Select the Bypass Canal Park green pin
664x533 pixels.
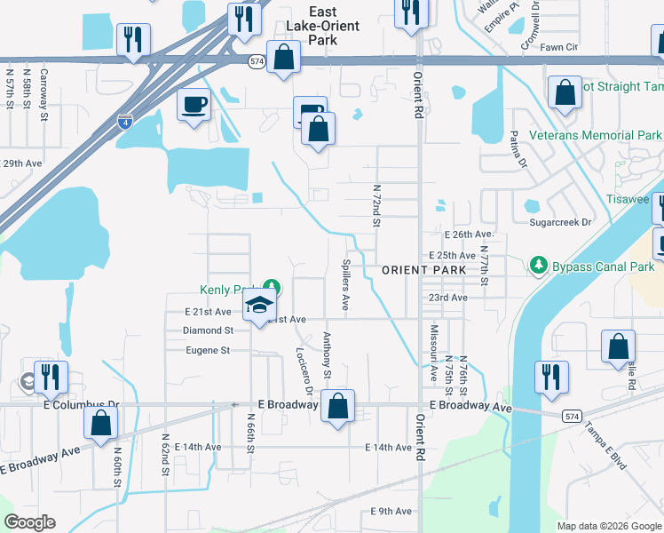[x=538, y=265]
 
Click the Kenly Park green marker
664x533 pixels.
[x=274, y=288]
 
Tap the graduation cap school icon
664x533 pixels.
[x=259, y=306]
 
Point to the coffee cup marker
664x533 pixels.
[x=194, y=106]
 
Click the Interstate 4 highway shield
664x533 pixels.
[x=126, y=121]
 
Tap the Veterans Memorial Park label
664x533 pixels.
[x=595, y=136]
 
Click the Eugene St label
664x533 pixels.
[x=208, y=351]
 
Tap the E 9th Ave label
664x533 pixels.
[x=391, y=511]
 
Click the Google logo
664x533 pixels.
[x=29, y=522]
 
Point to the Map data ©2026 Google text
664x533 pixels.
[x=608, y=526]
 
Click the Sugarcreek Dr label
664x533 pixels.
[x=559, y=223]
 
